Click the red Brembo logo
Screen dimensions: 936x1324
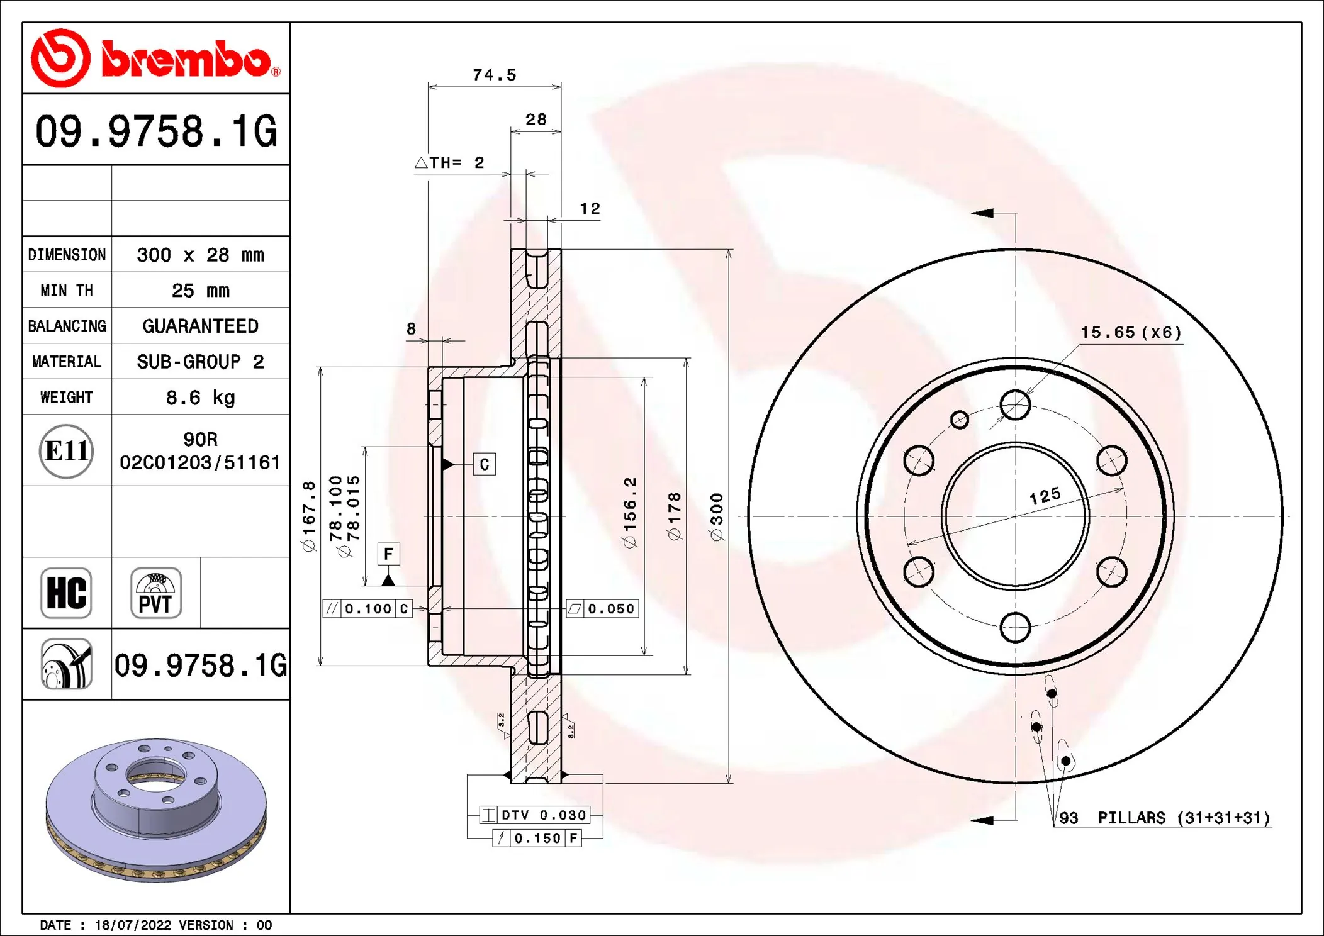155,58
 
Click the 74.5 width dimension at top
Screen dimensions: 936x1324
494,75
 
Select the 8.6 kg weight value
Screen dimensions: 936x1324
200,398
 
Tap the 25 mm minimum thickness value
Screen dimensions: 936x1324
200,291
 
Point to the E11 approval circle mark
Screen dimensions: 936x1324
66,451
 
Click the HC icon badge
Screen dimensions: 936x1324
66,593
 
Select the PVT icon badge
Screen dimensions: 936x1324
155,593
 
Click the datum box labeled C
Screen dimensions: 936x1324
484,465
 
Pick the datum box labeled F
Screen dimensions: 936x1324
388,554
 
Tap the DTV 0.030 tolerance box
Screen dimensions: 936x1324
535,815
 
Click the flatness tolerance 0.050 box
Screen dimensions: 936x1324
602,609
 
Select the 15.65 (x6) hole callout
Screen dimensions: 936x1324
1131,332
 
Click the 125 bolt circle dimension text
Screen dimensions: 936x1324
1045,496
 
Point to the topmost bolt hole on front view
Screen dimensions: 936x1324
1015,404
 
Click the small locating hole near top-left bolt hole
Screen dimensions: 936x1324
959,420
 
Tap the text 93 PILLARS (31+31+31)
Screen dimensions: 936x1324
1164,818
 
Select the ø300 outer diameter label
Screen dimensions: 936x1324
716,516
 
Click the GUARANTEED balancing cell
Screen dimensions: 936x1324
200,326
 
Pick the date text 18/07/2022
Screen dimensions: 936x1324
133,925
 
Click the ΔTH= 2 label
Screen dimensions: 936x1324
450,163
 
